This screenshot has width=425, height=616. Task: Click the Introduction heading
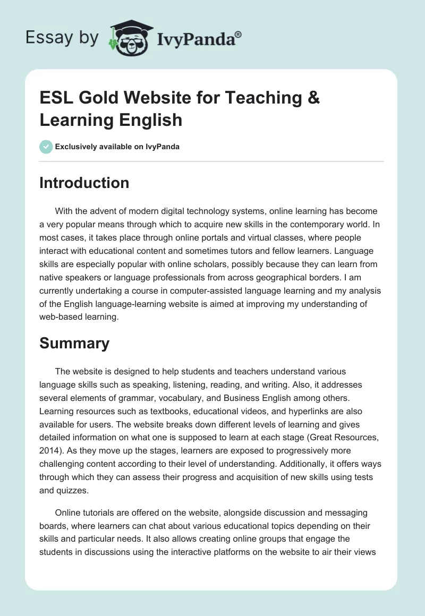tap(84, 183)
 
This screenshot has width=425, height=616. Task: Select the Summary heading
tap(74, 343)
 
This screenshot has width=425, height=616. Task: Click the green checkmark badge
tap(46, 147)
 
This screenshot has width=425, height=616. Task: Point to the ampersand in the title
tap(313, 98)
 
